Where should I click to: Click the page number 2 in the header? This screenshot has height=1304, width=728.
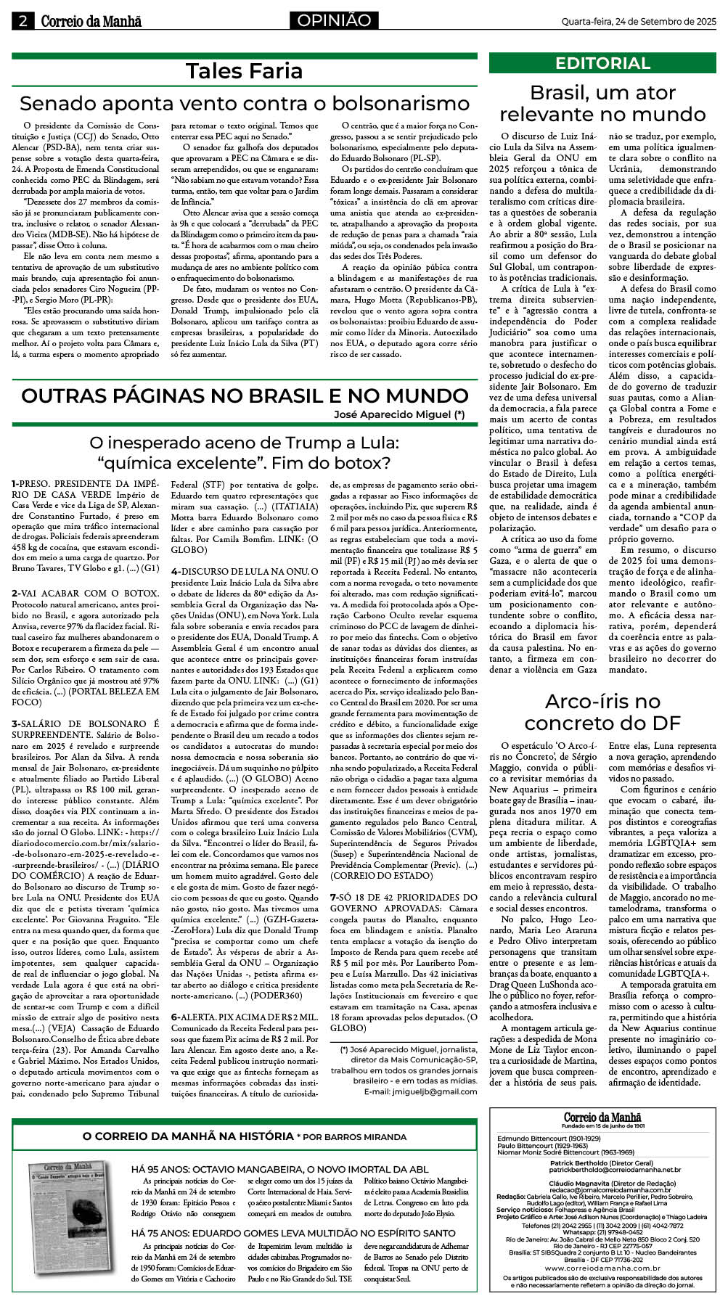click(23, 21)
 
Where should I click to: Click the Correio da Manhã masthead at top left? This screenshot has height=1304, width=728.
click(91, 22)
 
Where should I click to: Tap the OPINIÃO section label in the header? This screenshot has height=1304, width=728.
click(333, 21)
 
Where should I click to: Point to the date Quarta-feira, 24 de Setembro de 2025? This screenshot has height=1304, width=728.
click(634, 22)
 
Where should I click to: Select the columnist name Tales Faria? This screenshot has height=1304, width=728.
click(244, 71)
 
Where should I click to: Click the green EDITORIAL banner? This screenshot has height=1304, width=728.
click(602, 63)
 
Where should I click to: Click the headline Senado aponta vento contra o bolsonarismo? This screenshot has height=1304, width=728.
click(244, 103)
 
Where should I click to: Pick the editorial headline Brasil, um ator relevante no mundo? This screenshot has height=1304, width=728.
click(602, 104)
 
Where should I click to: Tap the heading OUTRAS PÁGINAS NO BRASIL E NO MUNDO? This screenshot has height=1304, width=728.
click(244, 395)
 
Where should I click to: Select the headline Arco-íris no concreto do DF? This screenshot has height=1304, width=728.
click(602, 712)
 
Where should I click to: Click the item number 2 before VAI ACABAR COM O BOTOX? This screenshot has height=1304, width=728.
click(15, 594)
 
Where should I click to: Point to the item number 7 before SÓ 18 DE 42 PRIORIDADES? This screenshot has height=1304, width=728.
click(333, 898)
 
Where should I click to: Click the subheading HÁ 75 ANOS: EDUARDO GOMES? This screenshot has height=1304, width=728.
click(293, 1233)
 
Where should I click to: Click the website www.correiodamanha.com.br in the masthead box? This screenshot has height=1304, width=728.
click(602, 1268)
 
